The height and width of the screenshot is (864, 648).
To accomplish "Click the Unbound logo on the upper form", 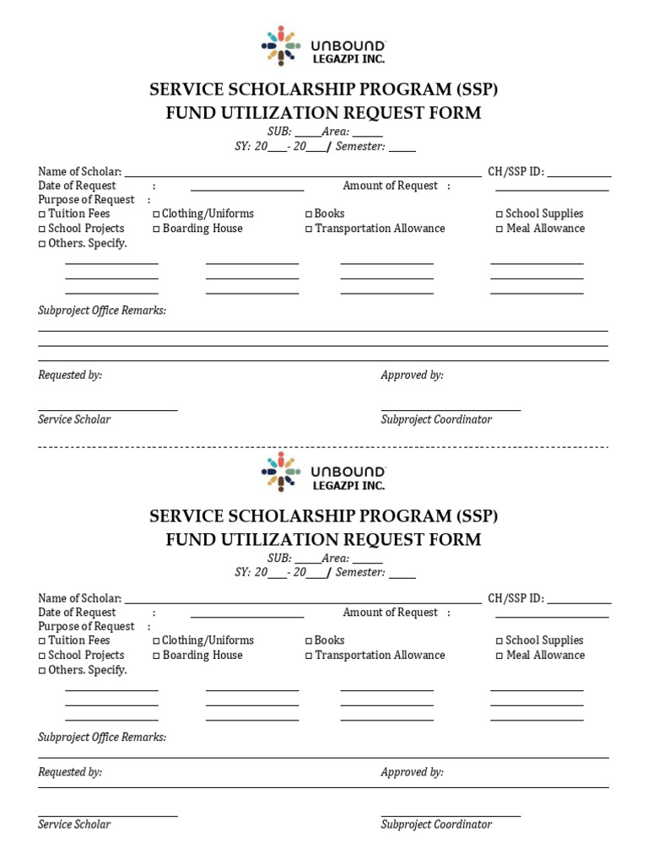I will point(323,46).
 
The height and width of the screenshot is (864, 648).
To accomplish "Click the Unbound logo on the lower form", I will point(323,472).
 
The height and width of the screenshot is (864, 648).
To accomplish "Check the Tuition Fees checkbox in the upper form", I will point(42,214).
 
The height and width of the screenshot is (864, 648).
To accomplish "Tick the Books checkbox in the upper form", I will point(309,214).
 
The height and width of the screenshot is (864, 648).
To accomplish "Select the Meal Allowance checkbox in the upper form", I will point(499,229).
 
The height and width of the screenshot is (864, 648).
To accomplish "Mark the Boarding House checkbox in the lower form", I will point(157,656).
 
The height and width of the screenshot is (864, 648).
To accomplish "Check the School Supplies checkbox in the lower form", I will point(499,641).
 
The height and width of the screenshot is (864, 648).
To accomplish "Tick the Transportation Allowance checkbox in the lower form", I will point(309,656).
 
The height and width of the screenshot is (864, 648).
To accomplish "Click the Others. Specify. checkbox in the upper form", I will point(42,244).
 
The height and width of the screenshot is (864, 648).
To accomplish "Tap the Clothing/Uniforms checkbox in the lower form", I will point(157,641).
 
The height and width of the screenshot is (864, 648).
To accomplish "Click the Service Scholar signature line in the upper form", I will point(108,409).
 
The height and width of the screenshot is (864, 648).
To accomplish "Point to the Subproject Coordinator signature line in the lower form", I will point(451,814).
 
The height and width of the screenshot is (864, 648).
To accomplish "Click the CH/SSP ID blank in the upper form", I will point(579,175).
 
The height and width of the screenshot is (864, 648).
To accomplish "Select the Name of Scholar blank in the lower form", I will point(303,602).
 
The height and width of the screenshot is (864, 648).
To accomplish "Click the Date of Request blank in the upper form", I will point(246,189).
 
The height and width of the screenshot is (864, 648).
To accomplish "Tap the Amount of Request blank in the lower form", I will point(551,616).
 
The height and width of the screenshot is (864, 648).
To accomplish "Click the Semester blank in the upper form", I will point(402,149).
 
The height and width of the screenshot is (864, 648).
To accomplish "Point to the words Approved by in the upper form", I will point(412,375).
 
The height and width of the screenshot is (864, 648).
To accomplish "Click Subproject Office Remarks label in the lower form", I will point(102,737).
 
